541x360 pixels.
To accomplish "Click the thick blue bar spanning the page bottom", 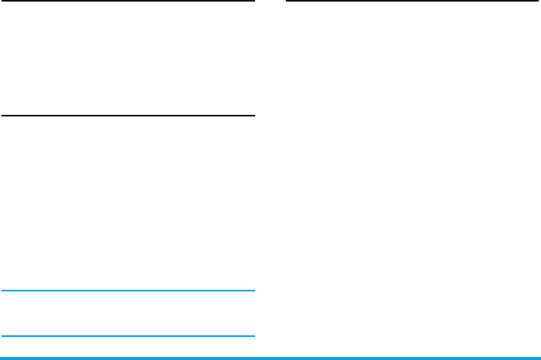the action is tap(270, 358).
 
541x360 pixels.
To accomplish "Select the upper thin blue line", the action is tap(127, 291).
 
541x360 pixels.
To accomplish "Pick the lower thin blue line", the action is tap(127, 336).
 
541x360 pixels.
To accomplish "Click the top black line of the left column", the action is tap(127, 2).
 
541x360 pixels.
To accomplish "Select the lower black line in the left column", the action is tap(127, 116).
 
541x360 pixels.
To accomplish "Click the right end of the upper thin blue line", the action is tap(253, 291).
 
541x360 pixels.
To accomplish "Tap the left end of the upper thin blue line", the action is tap(2, 291).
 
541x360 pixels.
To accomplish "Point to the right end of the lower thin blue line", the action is tap(253, 336).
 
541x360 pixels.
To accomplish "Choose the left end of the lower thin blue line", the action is tap(2, 336).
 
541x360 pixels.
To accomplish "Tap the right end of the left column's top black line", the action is tap(253, 2).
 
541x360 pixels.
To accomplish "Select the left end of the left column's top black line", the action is tap(2, 2).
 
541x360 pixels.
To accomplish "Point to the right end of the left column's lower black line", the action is tap(253, 116).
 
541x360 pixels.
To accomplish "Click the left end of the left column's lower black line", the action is tap(2, 116).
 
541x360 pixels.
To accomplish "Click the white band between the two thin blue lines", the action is tap(127, 314).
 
